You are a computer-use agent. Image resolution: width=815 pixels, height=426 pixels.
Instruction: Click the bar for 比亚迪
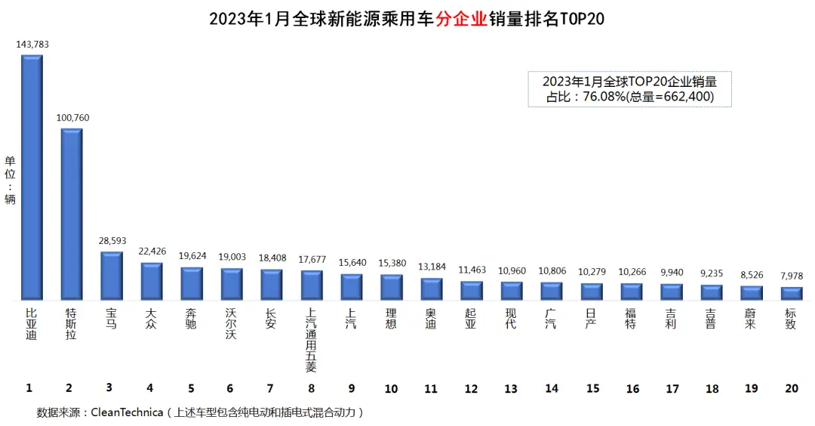31,177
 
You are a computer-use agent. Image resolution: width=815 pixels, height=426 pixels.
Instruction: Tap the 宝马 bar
111,276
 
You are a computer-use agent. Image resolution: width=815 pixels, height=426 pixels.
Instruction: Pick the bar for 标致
791,293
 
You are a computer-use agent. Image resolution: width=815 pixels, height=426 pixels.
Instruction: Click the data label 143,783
32,45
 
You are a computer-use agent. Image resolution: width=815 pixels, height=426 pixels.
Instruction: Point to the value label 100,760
72,118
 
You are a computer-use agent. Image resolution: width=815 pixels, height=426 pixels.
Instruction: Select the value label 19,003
232,257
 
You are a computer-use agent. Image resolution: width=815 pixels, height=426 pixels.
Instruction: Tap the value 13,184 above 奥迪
431,266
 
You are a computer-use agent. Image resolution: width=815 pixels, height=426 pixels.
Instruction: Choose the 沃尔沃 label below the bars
232,323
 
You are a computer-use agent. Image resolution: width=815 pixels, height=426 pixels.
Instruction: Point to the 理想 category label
391,318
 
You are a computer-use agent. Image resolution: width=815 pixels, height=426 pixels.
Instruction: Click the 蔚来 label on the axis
750,318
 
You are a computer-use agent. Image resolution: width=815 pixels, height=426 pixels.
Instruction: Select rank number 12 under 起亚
471,388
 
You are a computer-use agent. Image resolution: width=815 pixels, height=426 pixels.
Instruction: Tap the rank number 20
791,388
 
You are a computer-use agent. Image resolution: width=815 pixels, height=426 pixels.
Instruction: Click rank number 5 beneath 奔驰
191,388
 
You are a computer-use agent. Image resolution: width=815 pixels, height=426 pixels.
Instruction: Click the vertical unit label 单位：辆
10,180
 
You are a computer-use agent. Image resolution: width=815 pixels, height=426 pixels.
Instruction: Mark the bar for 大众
151,281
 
